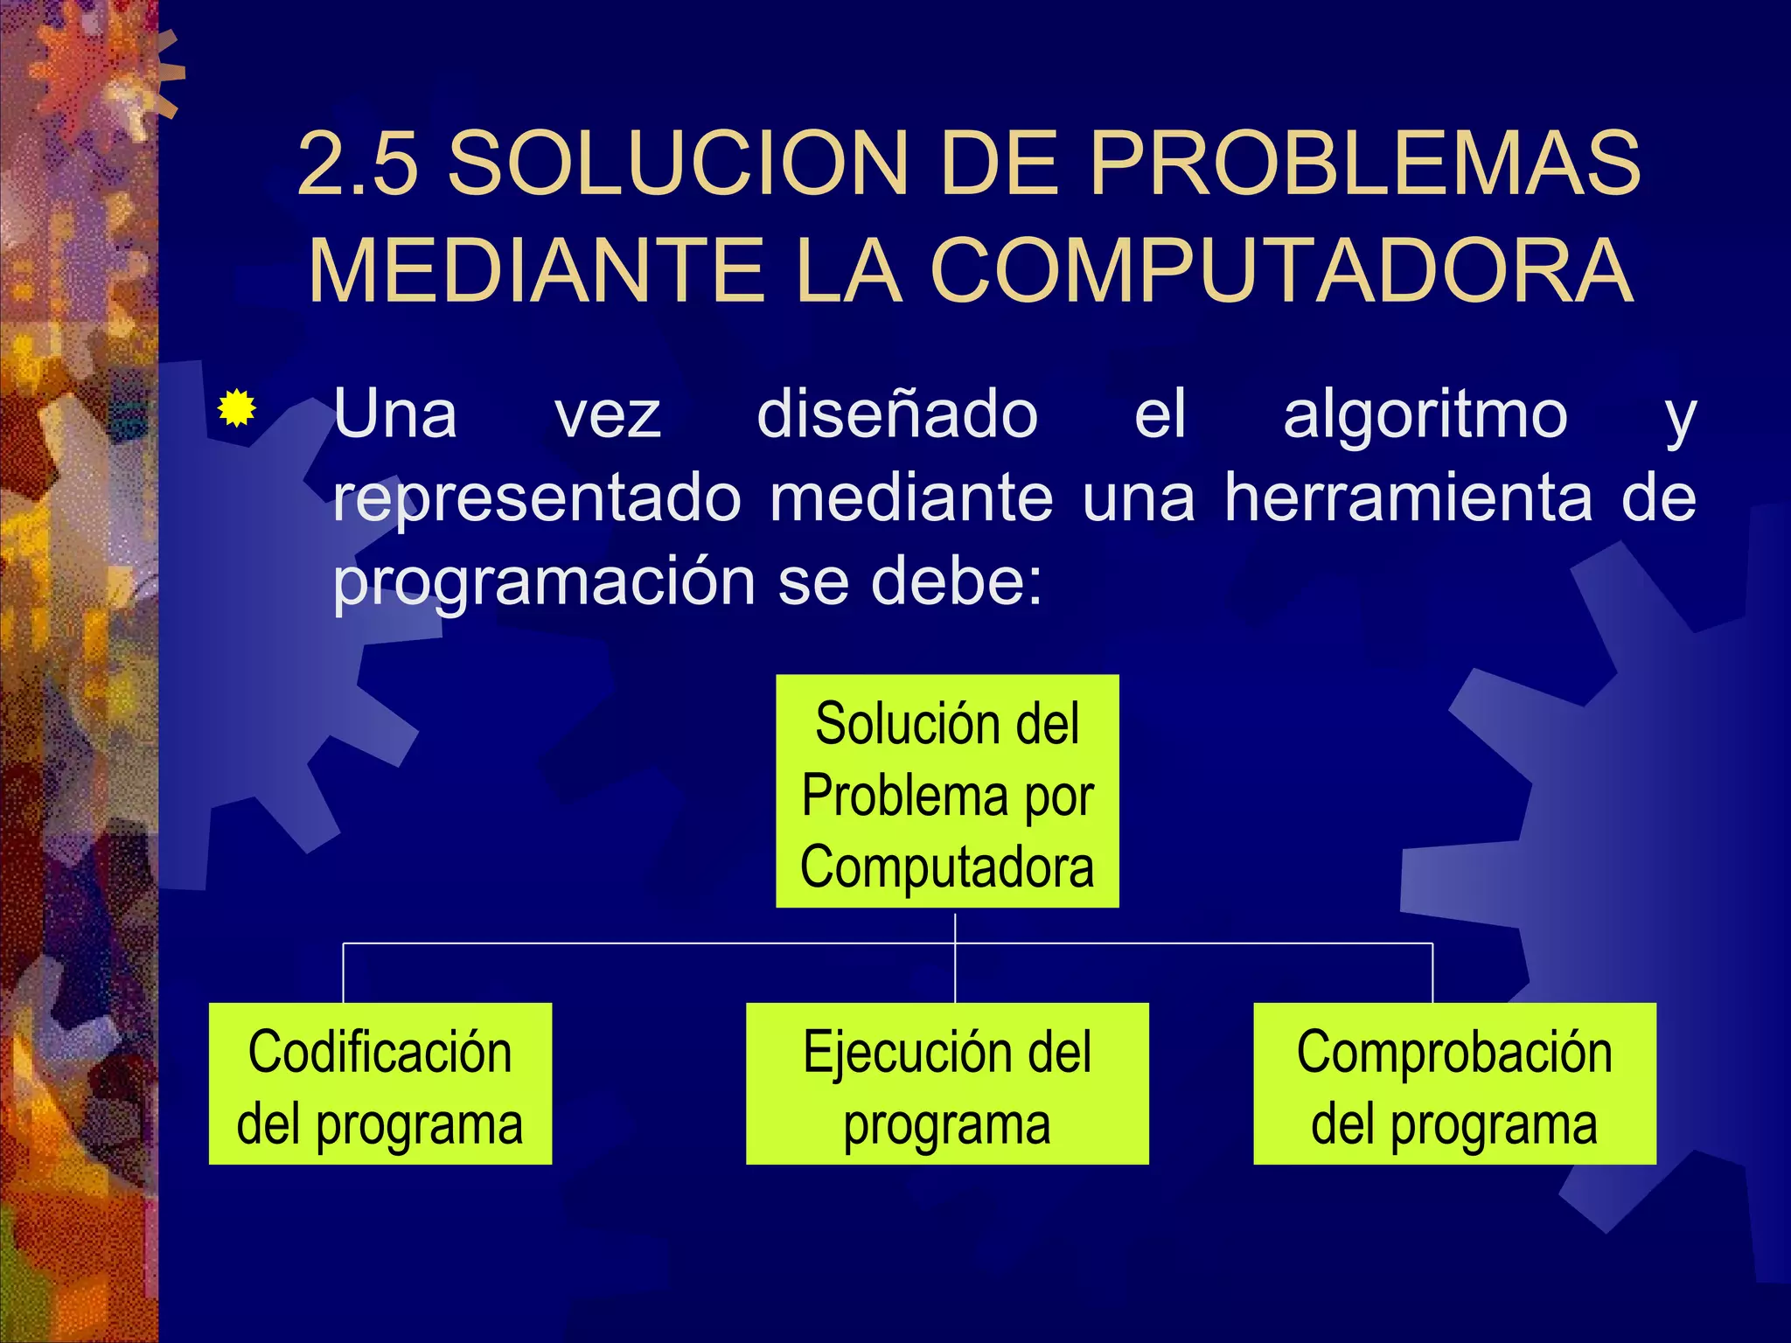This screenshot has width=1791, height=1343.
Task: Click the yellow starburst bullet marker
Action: coord(236,408)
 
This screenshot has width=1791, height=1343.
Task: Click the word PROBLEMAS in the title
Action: coord(1364,164)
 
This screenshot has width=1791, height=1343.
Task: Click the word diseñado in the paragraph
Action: coord(897,414)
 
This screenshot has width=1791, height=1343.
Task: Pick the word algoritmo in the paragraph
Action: coord(1425,414)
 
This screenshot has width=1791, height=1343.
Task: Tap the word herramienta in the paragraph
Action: coord(1408,498)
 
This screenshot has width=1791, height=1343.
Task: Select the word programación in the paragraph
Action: coord(544,581)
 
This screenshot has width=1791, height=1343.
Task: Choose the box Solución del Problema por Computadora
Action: coord(947,791)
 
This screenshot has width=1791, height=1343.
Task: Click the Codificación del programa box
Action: coord(380,1083)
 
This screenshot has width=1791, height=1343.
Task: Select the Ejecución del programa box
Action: coord(947,1083)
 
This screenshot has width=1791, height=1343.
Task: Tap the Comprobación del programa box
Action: coord(1454,1083)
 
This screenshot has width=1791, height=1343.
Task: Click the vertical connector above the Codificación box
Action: coord(343,973)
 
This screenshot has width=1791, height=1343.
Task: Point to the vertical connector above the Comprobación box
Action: coord(1432,973)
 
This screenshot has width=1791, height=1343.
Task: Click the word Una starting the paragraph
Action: coord(395,414)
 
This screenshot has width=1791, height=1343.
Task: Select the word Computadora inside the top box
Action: coord(947,867)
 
